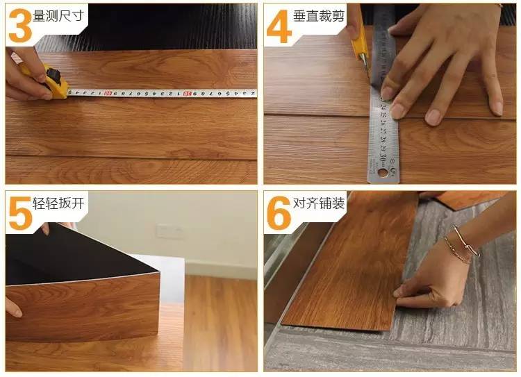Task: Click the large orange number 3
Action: click(20, 25)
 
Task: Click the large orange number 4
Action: click(279, 26)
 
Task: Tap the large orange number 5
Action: click(21, 213)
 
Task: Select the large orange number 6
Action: click(279, 213)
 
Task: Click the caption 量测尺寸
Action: click(58, 15)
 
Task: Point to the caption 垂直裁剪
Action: click(318, 15)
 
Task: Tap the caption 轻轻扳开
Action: click(58, 203)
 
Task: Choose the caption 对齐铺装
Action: click(318, 203)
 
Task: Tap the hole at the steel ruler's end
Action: click(383, 172)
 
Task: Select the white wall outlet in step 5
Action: click(169, 231)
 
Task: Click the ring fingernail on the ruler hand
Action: click(433, 117)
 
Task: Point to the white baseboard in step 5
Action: click(221, 270)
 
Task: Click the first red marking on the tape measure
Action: click(107, 94)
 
